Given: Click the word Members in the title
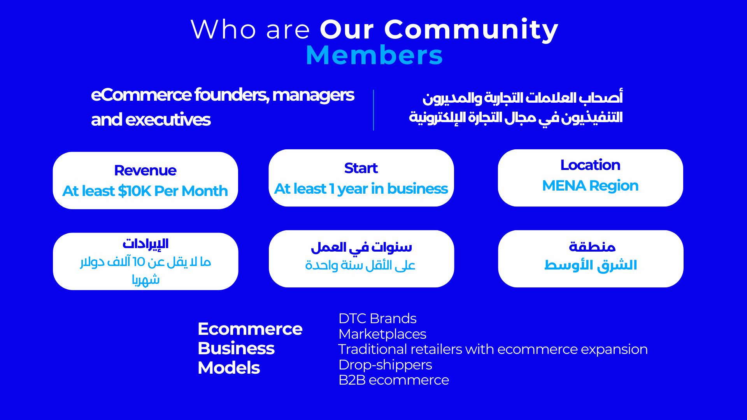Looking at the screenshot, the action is tap(374, 55).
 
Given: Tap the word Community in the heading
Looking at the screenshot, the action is tap(471, 30).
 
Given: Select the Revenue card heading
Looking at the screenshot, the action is tap(145, 170).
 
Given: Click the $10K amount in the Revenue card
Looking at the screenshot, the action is tap(134, 191).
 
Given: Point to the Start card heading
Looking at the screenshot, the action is tap(361, 168).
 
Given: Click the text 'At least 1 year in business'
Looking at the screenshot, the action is tap(361, 189).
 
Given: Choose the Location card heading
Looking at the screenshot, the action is tap(590, 165).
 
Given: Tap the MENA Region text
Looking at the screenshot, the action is tap(590, 186).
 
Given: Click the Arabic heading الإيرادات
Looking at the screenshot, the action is tap(146, 244).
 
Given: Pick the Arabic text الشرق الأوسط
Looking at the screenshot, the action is tap(591, 265).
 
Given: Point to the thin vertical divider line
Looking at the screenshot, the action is tap(373, 110).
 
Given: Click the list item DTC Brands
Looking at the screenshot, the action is tap(377, 318).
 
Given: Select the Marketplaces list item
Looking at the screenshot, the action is tap(382, 334).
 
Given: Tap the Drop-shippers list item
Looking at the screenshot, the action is tap(385, 365).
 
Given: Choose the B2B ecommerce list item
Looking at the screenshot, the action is tap(394, 380).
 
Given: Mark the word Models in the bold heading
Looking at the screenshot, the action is tap(229, 368).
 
